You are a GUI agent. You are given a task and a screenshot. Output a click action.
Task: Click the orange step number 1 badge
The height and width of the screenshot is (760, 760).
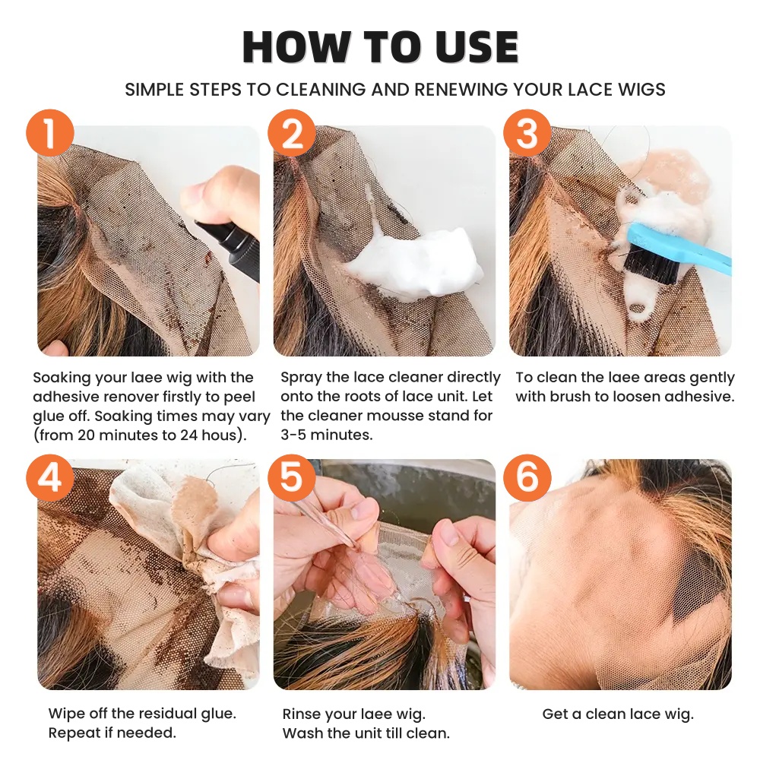tap(49, 135)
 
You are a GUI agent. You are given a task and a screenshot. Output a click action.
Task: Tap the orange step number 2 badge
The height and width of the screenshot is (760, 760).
tap(292, 135)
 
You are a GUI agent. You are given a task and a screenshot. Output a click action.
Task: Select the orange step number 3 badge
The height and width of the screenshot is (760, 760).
tap(527, 135)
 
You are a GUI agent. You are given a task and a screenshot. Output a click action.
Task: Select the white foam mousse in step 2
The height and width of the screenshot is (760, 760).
tap(414, 262)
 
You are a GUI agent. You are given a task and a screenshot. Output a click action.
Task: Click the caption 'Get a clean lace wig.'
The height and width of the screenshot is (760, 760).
tap(618, 714)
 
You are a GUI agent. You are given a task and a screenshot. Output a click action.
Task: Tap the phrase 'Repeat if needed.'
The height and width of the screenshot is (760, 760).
tap(112, 733)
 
